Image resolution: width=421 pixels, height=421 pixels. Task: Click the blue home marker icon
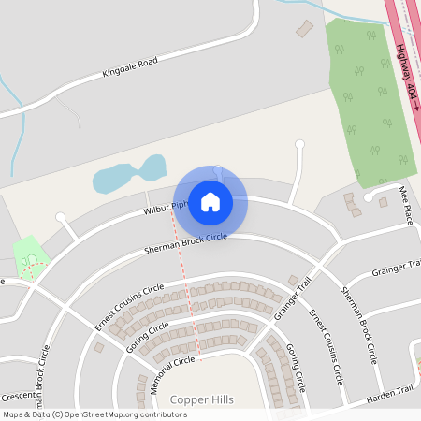point(210,201)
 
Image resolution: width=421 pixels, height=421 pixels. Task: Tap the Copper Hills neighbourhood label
point(201,399)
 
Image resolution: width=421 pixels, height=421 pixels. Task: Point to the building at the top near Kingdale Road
point(305,29)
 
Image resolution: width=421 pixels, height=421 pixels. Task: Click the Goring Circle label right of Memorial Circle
point(297,368)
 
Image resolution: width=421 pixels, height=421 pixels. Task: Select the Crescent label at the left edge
point(18,395)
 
